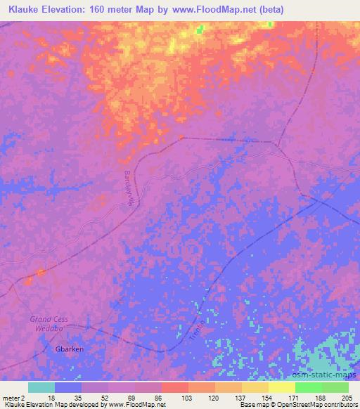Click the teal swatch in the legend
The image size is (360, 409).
click(41, 387)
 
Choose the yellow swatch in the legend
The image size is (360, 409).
click(281, 387)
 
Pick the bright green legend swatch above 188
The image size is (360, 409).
click(308, 387)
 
